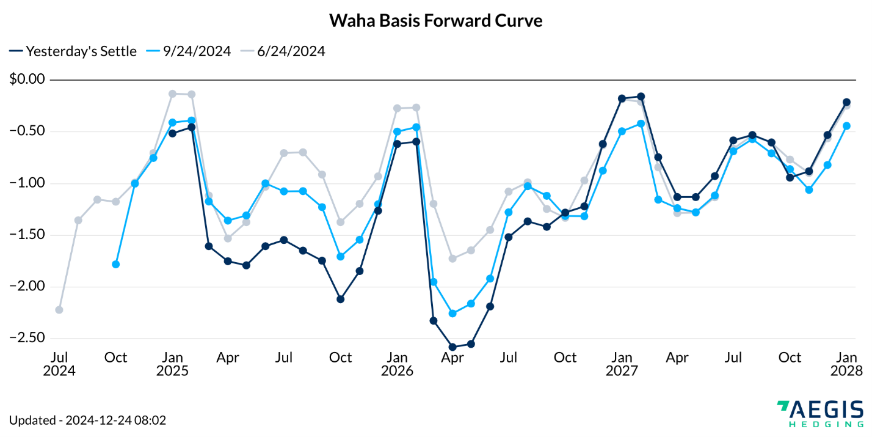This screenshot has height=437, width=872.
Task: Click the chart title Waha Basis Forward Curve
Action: click(435, 20)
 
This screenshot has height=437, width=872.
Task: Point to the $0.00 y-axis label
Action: click(28, 79)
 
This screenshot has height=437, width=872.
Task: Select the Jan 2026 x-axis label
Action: click(398, 364)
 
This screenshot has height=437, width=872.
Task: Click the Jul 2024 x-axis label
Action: click(59, 364)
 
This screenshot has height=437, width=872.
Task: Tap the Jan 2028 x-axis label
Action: click(846, 364)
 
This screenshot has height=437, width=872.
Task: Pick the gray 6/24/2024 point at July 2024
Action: click(59, 310)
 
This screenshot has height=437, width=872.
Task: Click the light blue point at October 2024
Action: click(115, 264)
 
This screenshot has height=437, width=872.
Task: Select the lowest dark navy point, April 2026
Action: click(452, 347)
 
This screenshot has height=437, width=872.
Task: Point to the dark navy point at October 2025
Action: click(340, 299)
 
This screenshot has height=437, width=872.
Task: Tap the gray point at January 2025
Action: click(172, 94)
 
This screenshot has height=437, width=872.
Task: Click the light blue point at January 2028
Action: click(846, 126)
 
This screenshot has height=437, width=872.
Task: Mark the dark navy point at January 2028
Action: click(846, 102)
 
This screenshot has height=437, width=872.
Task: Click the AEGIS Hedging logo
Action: click(819, 414)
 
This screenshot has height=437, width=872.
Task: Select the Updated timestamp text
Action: click(88, 420)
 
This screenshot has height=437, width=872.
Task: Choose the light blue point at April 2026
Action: click(452, 314)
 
